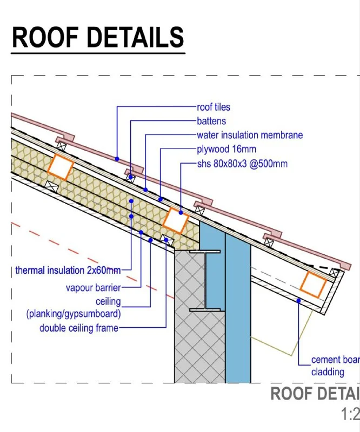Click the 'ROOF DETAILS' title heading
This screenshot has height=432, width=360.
point(98,37)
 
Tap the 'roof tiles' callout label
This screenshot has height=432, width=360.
point(213,107)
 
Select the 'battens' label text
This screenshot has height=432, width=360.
point(211,121)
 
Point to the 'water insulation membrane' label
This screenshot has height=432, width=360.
point(249,135)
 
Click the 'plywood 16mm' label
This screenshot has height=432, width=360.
point(226,149)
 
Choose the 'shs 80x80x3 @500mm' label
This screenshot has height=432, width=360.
point(242,163)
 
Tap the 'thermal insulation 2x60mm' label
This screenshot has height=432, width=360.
point(68,270)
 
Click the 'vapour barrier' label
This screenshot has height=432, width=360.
point(93,288)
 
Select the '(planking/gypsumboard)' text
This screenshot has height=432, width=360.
point(74,314)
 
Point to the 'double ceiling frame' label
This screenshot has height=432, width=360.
point(78,328)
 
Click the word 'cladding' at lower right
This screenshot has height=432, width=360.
point(328,372)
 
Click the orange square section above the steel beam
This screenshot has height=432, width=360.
point(176,220)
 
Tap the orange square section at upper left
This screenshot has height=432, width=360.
point(60,167)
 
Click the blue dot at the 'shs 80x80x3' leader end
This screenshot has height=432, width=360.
point(181,212)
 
